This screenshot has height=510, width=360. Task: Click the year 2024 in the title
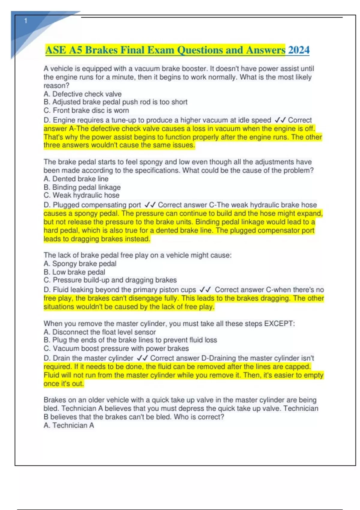[299, 50]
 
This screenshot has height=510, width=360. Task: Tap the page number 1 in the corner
[26, 21]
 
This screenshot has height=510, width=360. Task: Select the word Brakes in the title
[101, 50]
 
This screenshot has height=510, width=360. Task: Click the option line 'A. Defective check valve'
[82, 94]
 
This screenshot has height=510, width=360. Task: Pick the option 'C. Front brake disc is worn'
[86, 110]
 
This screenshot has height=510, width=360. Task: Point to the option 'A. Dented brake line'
[76, 179]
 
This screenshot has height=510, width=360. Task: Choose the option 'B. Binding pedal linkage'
[82, 187]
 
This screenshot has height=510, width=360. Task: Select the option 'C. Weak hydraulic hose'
[82, 195]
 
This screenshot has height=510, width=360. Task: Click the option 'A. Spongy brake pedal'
[80, 264]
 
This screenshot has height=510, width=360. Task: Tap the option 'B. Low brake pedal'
[74, 272]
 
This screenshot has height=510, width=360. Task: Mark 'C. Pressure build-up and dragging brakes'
[110, 280]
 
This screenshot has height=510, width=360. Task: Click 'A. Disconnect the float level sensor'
[100, 332]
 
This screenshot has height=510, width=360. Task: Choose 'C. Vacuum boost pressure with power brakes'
[116, 349]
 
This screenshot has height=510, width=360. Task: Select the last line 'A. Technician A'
[69, 425]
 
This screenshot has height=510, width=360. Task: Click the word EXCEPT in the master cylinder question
[279, 324]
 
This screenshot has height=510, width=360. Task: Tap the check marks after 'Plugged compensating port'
[150, 205]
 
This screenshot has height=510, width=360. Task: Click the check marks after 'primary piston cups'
[205, 290]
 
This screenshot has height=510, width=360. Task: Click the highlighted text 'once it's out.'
[64, 384]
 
